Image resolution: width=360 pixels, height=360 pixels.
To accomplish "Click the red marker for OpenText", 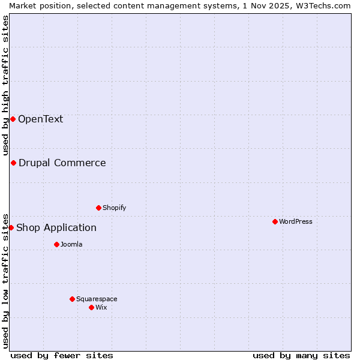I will (x=13, y=119).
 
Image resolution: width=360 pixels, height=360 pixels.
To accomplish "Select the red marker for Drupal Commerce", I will (x=13, y=163).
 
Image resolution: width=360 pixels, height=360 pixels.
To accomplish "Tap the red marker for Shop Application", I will (x=11, y=227).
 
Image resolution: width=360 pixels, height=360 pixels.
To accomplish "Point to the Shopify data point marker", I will (x=98, y=208).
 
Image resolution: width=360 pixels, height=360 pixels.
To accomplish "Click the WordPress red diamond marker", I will (x=275, y=221).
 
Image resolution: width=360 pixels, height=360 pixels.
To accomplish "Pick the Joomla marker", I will (x=56, y=244).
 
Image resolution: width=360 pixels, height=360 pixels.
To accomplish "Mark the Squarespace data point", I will (x=72, y=299).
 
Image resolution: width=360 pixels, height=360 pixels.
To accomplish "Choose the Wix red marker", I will (x=91, y=307).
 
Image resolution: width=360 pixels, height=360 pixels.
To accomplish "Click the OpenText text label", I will (x=40, y=119).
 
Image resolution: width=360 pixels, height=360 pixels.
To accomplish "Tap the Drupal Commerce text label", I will (x=62, y=163).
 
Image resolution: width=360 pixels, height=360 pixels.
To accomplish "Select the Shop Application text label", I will (x=56, y=227).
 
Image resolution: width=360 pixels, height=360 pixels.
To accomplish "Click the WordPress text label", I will (x=295, y=221).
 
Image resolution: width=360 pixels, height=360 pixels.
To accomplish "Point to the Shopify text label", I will (x=114, y=208).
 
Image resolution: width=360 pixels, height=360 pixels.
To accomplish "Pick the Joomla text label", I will (x=71, y=244).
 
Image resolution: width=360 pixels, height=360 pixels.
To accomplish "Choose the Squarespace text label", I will (x=97, y=299).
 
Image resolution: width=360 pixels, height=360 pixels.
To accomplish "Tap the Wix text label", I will (x=101, y=307).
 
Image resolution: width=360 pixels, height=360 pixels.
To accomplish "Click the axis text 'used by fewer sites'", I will (x=62, y=355).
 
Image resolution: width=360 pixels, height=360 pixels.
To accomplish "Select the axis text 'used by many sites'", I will (x=301, y=355).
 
